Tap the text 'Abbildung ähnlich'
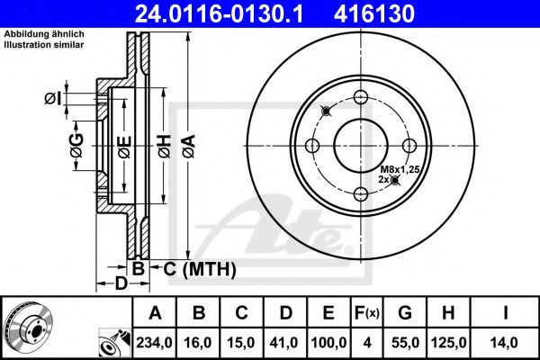click(43, 34)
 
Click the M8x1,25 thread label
click(400, 169)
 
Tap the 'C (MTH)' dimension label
click(193, 268)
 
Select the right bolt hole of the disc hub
click(409, 146)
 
